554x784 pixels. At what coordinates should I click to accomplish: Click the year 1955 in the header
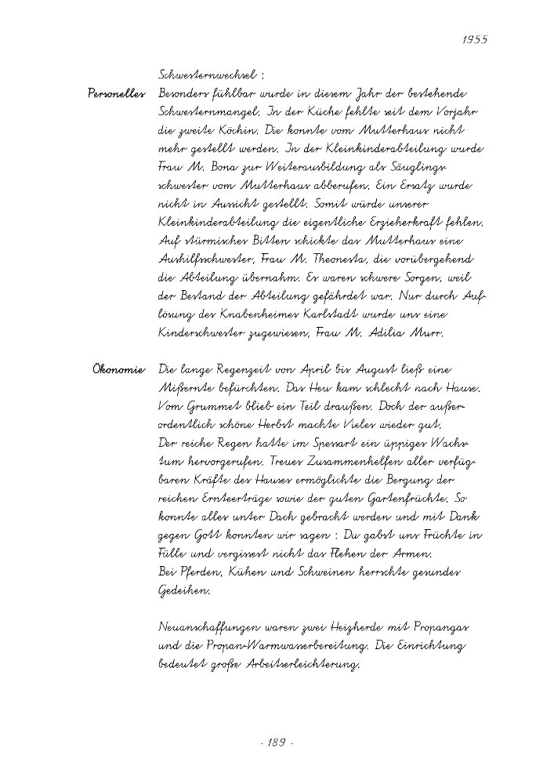tap(475, 40)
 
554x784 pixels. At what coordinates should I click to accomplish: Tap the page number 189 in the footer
tap(274, 740)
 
